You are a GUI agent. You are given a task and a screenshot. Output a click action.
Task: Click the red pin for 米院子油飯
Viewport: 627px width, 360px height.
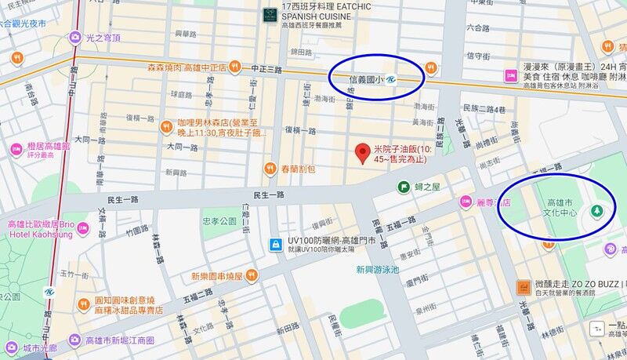point(361,153)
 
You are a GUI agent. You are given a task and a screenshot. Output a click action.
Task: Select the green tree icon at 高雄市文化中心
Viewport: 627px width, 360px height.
point(597,211)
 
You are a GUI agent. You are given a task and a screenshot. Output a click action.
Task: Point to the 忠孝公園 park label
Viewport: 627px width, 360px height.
point(219,222)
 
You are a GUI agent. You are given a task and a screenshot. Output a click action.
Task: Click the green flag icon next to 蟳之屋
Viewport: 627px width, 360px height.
point(403,187)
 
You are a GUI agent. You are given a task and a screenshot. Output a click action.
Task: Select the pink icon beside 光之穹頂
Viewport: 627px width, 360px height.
point(75,37)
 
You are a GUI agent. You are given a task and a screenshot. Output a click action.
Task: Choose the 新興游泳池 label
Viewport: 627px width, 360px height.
point(377,269)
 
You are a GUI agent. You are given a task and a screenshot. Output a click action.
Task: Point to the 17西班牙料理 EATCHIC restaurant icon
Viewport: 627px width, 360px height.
point(270,13)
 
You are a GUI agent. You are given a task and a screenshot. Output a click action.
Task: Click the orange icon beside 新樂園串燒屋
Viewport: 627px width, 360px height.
point(251,275)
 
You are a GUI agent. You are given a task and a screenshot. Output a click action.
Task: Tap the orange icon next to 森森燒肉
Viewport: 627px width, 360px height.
point(234,67)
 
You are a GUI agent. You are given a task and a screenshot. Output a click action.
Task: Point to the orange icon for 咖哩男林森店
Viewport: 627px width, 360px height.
point(165,125)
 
